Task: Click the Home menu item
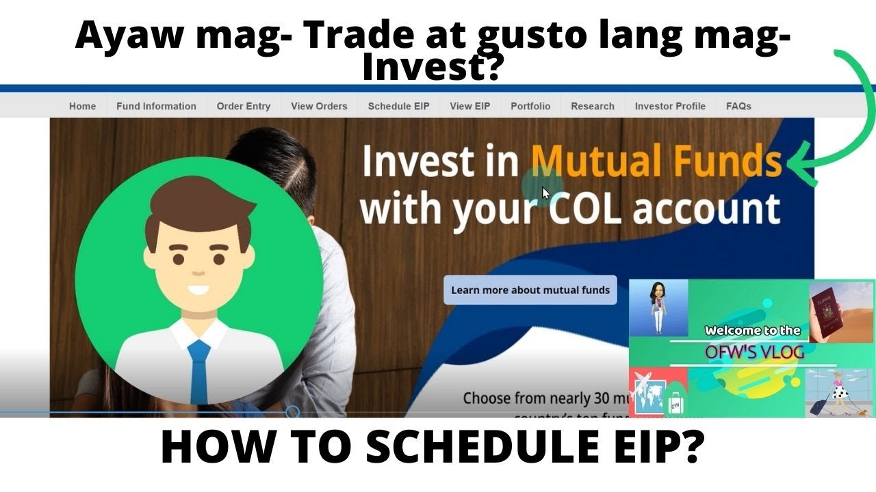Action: click(x=82, y=106)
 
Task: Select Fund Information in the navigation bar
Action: click(x=156, y=106)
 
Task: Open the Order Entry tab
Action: click(x=243, y=106)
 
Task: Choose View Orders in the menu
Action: click(x=319, y=106)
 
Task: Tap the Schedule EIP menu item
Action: click(x=398, y=106)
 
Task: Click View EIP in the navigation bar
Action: click(x=469, y=106)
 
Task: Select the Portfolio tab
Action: click(x=530, y=106)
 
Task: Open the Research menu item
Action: click(x=592, y=106)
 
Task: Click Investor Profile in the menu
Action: click(x=669, y=106)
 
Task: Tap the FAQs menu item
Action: click(x=738, y=106)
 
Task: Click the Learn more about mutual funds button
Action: click(x=530, y=290)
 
